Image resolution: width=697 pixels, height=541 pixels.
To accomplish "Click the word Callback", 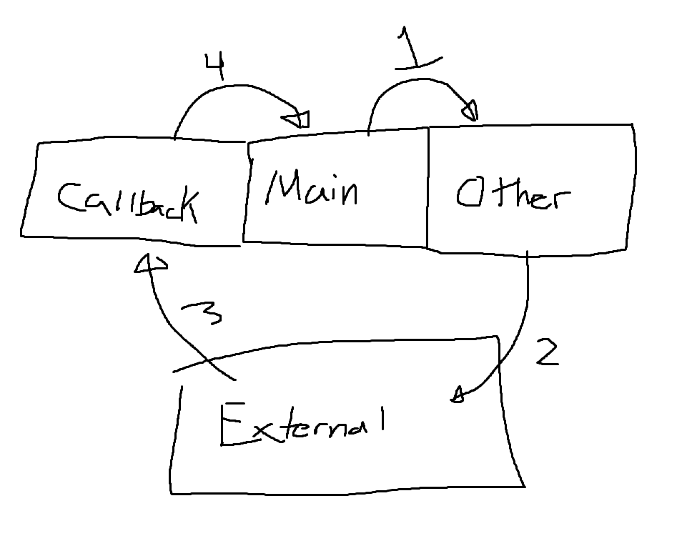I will point(127,200).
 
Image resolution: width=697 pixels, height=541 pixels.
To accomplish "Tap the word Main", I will point(312,189).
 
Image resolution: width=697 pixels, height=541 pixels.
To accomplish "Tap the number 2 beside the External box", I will point(547,351).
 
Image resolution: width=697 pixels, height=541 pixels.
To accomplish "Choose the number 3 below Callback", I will point(204,312).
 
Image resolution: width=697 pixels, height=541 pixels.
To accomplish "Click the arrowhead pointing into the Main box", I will point(298,119).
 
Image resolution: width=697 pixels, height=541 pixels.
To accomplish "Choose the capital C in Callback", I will point(71,198).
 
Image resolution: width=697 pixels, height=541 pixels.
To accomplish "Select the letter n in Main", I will point(347,192).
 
